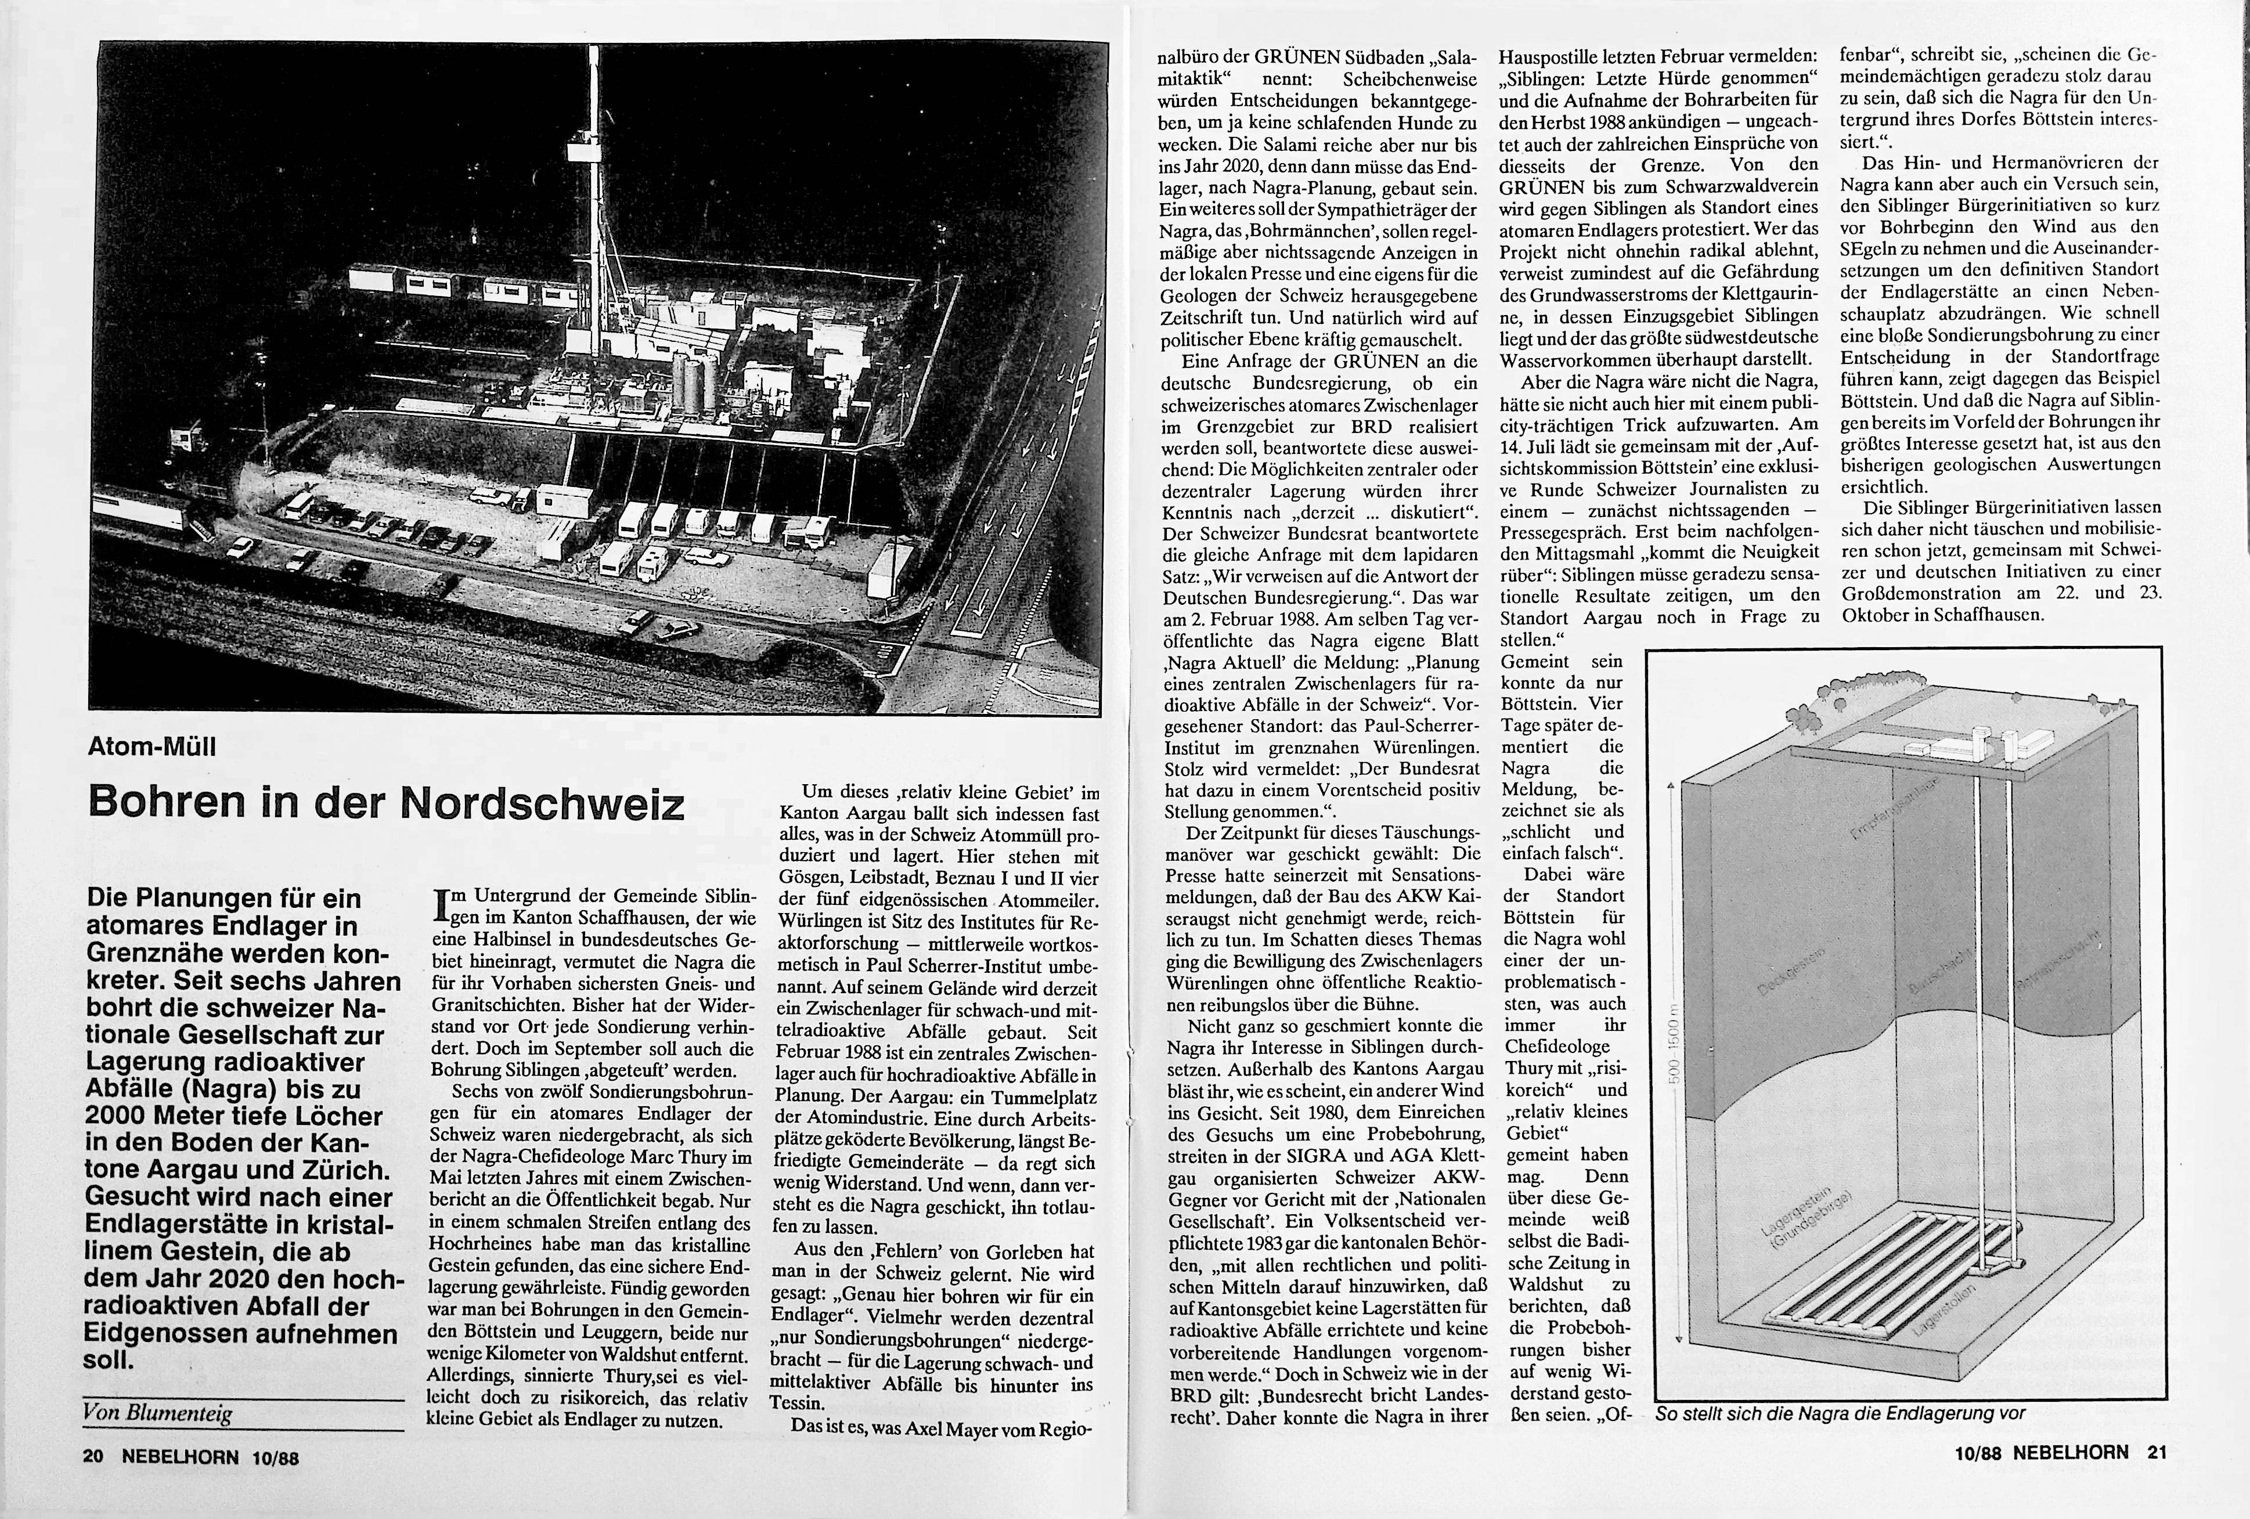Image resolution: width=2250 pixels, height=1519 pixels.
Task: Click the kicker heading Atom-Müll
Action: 152,746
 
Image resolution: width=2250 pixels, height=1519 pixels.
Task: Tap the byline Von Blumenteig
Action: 158,1413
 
